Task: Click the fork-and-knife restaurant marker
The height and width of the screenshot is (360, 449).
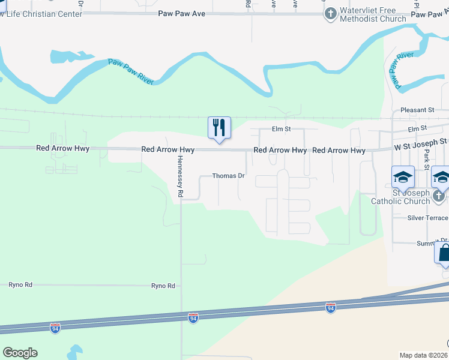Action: coord(219,128)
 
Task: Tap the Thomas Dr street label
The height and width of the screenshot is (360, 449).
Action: coord(229,176)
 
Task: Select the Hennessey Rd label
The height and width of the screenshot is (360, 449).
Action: coord(179,178)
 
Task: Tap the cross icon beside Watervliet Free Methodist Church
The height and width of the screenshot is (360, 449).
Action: coord(330,13)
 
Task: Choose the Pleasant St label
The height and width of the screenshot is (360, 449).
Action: coord(417,110)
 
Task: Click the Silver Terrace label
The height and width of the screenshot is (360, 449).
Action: coord(427,218)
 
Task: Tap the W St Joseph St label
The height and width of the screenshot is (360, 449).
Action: coord(421,142)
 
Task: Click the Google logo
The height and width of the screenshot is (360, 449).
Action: coord(20,353)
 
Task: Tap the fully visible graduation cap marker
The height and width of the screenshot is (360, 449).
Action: coord(403,177)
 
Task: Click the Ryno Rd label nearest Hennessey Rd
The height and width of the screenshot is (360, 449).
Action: coord(163,286)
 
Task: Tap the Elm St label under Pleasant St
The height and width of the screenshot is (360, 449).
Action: coord(416,128)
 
